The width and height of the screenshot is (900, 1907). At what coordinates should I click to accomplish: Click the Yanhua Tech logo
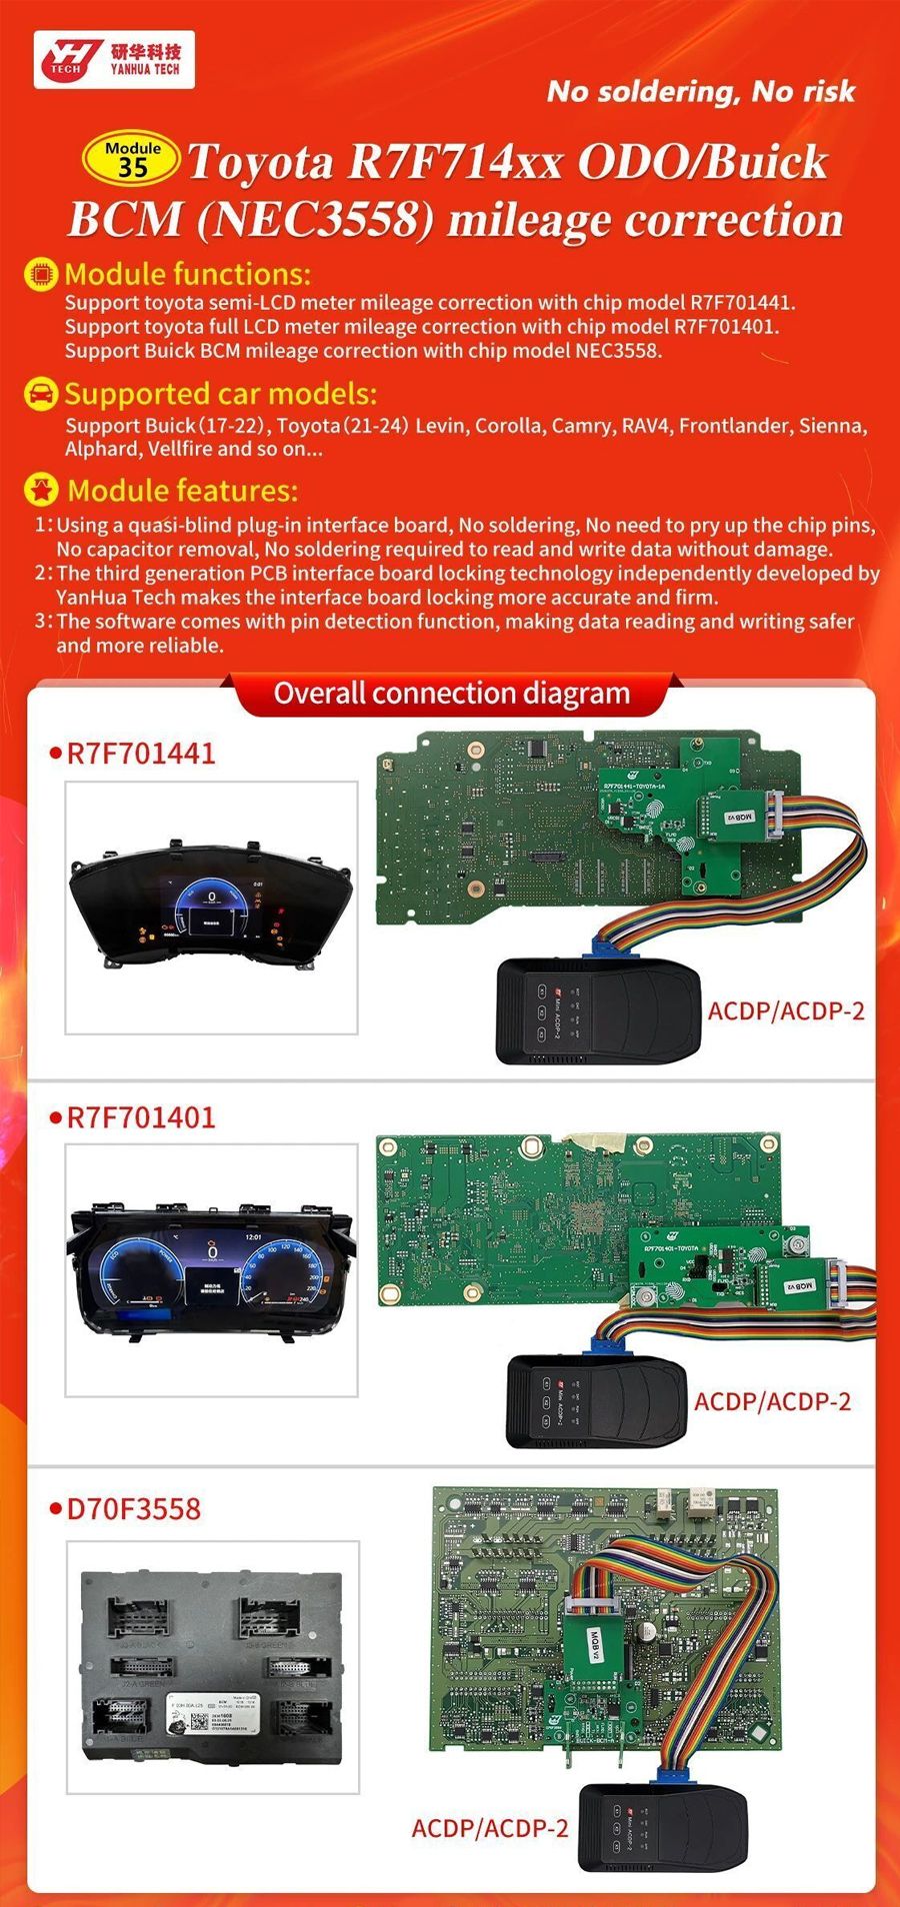[113, 60]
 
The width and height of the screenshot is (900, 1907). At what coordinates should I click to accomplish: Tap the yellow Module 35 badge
[132, 160]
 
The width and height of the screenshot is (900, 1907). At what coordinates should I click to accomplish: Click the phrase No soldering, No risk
[700, 92]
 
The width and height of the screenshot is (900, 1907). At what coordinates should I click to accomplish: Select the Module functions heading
[187, 274]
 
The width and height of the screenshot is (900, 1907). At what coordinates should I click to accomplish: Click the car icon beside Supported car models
[40, 394]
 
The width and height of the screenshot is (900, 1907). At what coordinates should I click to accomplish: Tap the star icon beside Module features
[41, 490]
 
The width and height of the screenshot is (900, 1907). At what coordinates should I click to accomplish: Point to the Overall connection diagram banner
[451, 694]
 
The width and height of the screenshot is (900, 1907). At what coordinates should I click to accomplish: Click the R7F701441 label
[140, 754]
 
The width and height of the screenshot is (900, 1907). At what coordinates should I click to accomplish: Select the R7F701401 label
[140, 1117]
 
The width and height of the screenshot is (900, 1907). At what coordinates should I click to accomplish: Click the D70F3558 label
[133, 1509]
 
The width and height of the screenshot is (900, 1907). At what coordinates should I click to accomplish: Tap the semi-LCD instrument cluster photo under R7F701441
[210, 907]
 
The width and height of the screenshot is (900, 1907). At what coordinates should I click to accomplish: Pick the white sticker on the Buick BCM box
[213, 1716]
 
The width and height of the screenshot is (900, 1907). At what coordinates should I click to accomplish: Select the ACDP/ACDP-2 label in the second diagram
[772, 1401]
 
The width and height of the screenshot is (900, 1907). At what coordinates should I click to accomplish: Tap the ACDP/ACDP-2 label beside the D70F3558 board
[489, 1828]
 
